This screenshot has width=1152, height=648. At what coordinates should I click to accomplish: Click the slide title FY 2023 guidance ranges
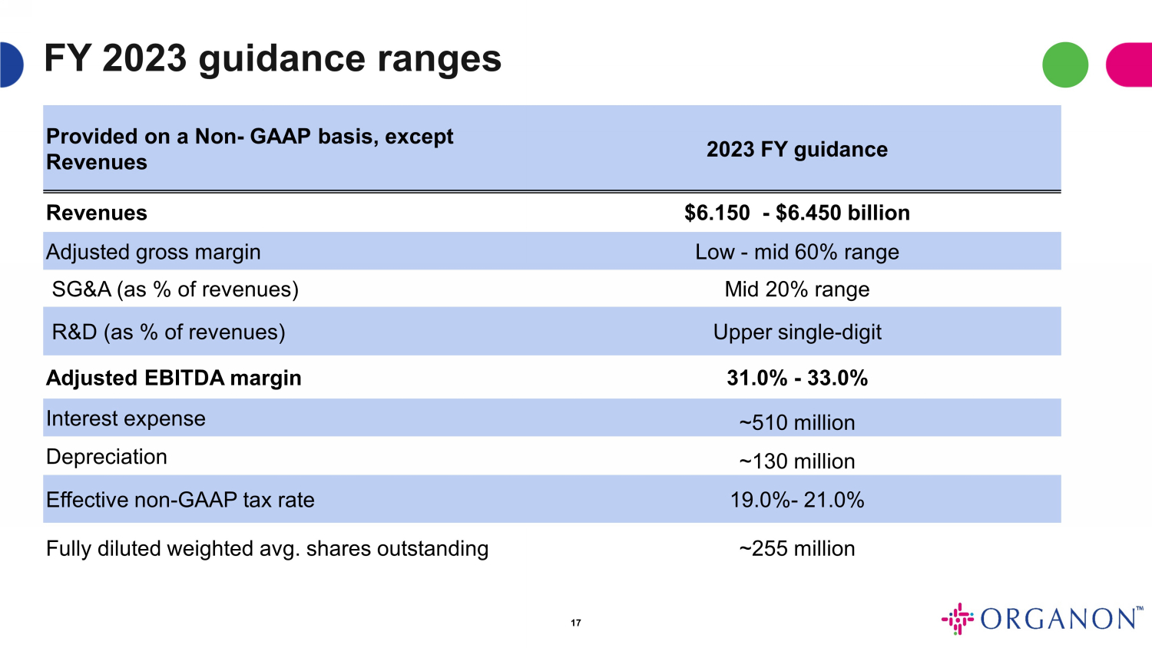pos(273,59)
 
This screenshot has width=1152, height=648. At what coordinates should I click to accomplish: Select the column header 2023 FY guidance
pos(796,149)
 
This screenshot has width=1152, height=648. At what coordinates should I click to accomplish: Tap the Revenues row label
pos(97,213)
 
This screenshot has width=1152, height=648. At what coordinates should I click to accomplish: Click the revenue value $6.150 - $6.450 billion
pos(796,213)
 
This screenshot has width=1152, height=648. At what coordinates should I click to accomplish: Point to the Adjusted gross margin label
pos(154,252)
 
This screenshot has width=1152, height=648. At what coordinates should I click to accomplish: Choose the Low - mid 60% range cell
pos(796,252)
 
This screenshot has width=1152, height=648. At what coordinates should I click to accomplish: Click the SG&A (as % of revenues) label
pos(175,289)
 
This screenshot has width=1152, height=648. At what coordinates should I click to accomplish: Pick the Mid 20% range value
pos(796,289)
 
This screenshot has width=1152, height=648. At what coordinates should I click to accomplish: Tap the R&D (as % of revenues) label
pos(168,332)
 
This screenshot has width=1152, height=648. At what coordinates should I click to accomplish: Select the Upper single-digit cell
pos(796,332)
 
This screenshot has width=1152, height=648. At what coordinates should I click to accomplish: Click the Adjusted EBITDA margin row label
pos(174,378)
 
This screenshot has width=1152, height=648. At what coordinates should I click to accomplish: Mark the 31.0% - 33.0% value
pos(796,378)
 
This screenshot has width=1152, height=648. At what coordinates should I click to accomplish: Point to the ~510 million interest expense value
pos(796,422)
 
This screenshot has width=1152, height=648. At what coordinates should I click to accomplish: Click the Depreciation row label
pos(107,457)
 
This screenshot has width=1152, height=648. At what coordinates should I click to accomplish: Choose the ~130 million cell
pos(796,461)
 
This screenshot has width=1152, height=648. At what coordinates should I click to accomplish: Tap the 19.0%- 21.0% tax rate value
pos(796,500)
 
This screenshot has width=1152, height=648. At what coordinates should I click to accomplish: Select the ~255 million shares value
pos(796,548)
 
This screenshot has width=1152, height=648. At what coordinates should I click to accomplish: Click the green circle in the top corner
pos(1064,64)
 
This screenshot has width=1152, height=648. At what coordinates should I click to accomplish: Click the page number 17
pos(576,623)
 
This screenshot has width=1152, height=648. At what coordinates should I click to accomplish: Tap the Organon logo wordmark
pos(1060,619)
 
